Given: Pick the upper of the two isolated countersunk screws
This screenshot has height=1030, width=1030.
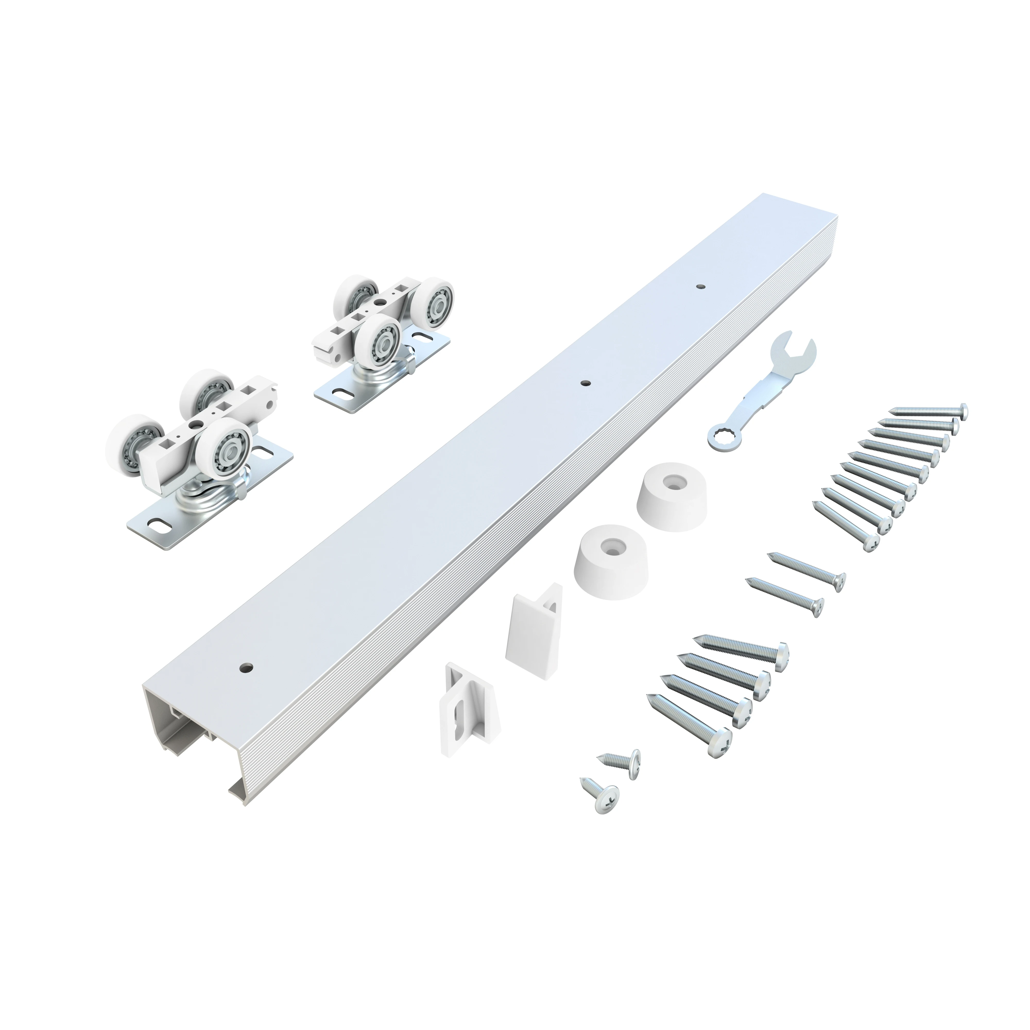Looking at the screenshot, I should click(x=808, y=572).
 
